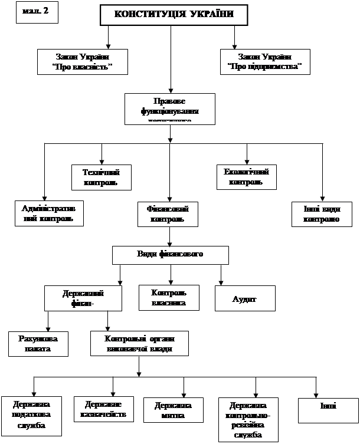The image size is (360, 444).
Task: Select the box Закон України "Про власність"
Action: [83, 62]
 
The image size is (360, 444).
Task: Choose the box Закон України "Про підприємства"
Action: [264, 62]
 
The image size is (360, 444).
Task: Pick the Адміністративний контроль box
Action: [49, 213]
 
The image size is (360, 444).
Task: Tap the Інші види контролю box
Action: [322, 213]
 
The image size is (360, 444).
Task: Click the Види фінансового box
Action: [170, 255]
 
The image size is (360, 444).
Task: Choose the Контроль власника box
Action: [169, 298]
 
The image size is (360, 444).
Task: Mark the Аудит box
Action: [244, 298]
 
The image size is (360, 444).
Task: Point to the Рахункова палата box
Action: [38, 343]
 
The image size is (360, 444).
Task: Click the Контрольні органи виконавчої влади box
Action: [139, 343]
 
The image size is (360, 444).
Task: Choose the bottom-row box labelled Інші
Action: [328, 410]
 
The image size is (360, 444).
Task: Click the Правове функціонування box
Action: [170, 108]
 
